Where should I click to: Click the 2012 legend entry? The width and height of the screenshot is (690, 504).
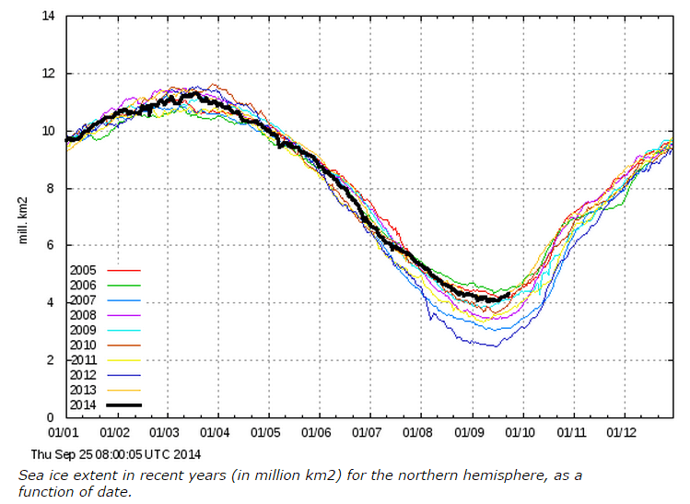coord(84,376)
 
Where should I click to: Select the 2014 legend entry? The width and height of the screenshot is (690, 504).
coord(84,404)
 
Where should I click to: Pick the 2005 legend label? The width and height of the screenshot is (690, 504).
coord(84,270)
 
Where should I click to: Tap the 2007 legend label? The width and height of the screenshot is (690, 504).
coord(84,301)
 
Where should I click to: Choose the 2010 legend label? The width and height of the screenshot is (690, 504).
coord(84,346)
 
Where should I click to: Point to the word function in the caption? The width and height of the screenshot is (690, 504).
coord(44,490)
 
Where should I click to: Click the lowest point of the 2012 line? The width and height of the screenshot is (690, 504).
coord(496,346)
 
